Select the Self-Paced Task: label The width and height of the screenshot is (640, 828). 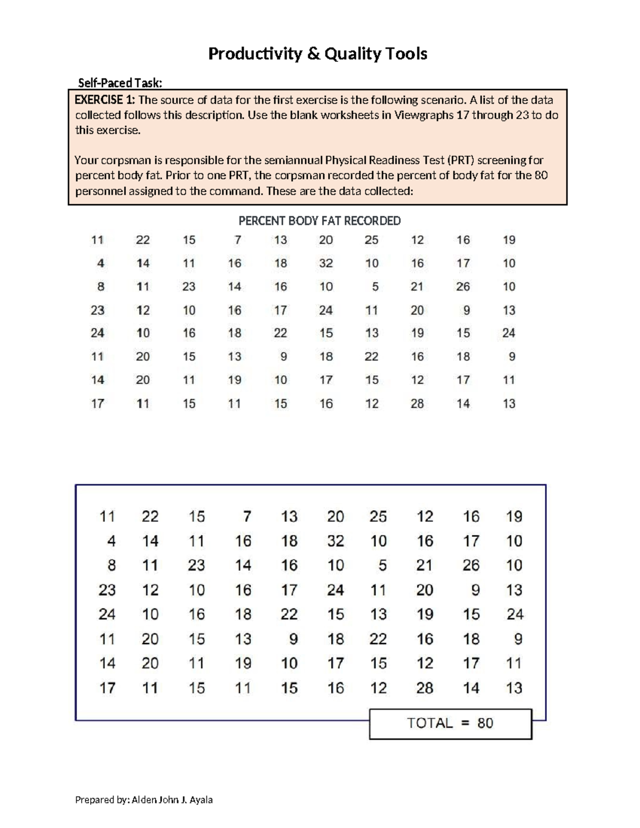click(120, 83)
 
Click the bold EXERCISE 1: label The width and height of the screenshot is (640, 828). click(105, 100)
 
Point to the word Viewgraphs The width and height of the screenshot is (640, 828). click(424, 115)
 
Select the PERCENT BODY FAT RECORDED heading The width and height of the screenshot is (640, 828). click(319, 221)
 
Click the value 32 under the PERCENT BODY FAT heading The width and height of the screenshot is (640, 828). click(326, 263)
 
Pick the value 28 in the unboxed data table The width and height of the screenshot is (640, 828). click(417, 404)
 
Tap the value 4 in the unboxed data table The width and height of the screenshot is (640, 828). click(101, 263)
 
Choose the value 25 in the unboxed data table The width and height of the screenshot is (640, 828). click(372, 240)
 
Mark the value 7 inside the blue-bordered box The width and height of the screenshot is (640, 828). click(247, 517)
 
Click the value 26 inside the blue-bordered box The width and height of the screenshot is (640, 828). click(471, 565)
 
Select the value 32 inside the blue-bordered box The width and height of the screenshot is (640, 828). click(335, 541)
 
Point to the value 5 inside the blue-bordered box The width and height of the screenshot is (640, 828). click(382, 565)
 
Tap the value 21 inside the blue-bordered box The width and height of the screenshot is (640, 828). click(425, 565)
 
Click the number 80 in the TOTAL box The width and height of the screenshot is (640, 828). click(485, 724)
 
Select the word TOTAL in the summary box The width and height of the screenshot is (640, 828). click(430, 724)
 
